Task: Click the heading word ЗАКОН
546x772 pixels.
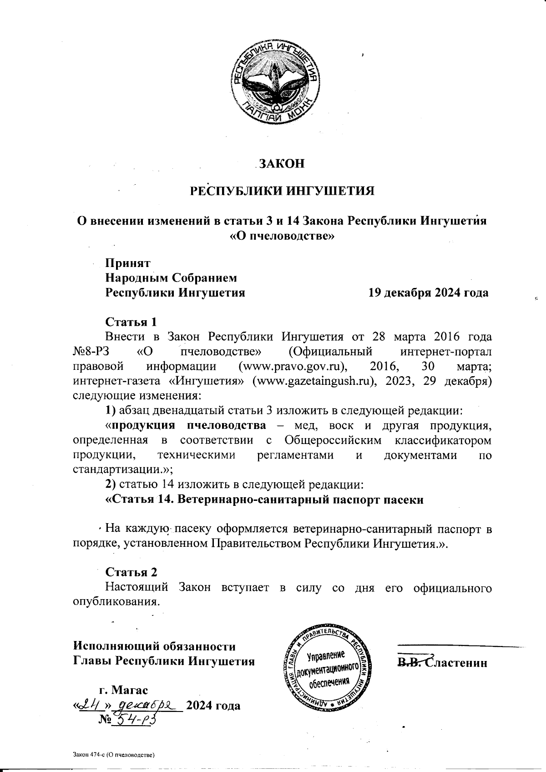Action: click(282, 163)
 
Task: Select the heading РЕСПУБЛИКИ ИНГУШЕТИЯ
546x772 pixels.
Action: click(282, 190)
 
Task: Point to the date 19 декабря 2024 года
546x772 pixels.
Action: click(428, 293)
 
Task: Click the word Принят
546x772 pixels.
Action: click(128, 262)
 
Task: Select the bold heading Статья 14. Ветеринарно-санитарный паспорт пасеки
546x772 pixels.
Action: click(264, 500)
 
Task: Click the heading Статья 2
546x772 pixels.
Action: click(131, 572)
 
